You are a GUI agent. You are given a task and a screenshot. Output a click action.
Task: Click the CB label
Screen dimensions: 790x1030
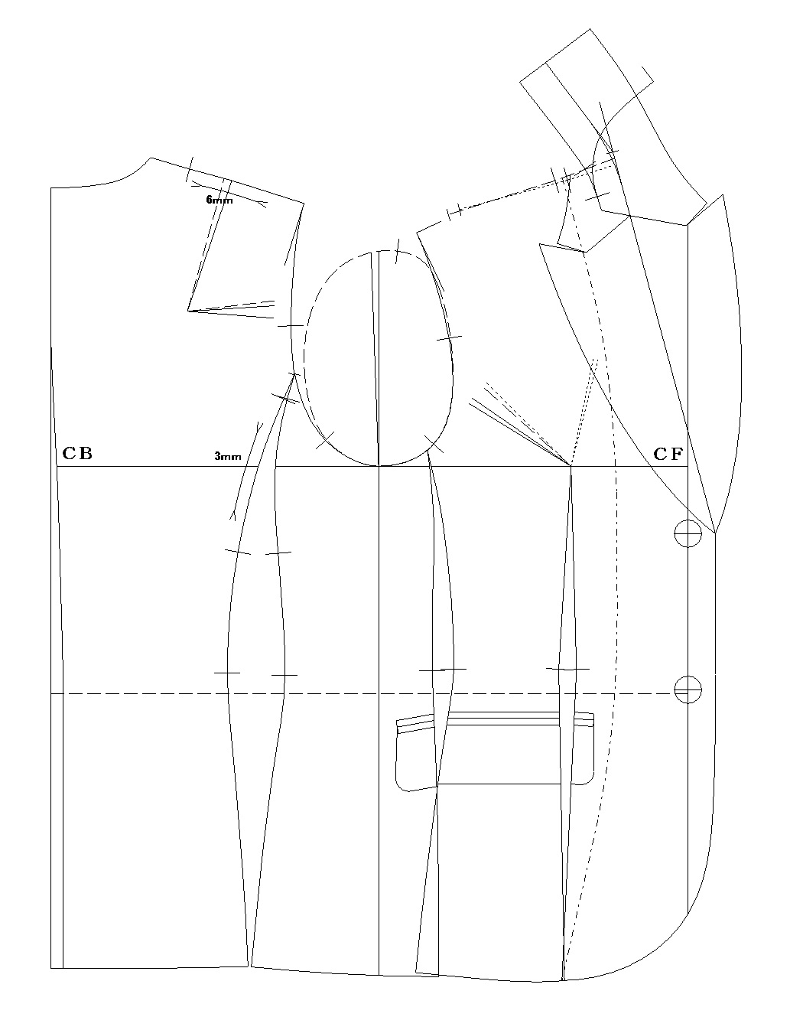(x=77, y=453)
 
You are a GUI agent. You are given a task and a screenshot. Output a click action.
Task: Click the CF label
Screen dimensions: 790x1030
(x=668, y=454)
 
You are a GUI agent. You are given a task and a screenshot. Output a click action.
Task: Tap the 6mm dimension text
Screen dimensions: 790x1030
(x=219, y=200)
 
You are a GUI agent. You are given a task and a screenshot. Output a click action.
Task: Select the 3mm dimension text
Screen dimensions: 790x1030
(x=228, y=457)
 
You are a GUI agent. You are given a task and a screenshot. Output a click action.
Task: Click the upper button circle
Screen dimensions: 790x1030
(x=688, y=533)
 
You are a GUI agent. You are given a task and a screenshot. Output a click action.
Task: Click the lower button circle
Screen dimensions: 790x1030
(x=688, y=689)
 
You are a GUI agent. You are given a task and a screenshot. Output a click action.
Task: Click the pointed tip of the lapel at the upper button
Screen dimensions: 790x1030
(x=715, y=533)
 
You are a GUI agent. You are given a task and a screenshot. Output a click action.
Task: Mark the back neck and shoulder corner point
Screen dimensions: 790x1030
(x=151, y=158)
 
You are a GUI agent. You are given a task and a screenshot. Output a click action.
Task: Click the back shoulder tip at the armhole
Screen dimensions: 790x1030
(x=304, y=204)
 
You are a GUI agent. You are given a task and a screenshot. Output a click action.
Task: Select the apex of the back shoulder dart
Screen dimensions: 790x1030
(x=188, y=311)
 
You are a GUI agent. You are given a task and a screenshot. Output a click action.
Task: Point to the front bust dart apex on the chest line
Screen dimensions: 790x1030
(x=571, y=466)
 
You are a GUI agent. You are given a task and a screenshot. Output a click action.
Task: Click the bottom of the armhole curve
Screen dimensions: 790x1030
(x=379, y=466)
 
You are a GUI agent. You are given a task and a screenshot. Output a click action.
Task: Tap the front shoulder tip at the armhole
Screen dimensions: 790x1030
(x=417, y=233)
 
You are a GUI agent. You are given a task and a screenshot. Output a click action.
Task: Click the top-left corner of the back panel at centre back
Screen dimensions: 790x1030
(x=50, y=188)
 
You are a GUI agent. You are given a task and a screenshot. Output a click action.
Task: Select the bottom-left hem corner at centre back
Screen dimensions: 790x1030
(x=50, y=968)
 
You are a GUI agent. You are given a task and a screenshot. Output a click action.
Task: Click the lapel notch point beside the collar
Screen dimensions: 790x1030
(x=586, y=252)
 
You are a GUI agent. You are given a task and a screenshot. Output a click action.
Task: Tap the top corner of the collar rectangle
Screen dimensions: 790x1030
(x=590, y=29)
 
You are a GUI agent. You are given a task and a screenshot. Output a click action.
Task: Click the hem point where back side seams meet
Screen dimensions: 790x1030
(x=249, y=966)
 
